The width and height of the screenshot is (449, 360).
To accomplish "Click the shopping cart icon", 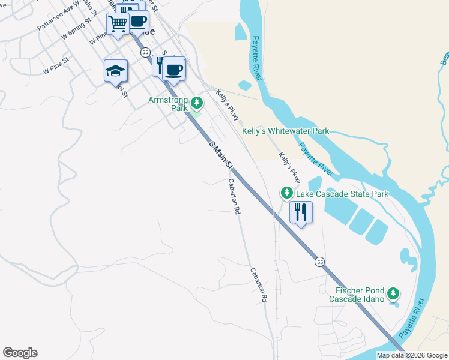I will [x=118, y=24].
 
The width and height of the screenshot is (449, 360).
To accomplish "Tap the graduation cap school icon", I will [x=116, y=71].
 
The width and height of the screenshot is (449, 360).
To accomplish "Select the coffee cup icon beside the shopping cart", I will [x=138, y=21].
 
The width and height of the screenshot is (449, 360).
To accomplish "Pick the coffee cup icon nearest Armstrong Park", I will [x=174, y=69].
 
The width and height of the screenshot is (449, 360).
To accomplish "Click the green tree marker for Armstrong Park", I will [x=196, y=104].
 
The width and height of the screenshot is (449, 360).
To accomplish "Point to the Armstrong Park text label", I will [x=167, y=104].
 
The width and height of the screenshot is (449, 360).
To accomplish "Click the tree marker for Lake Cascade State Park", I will [x=287, y=193].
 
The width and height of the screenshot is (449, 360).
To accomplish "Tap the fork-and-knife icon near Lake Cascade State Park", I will [x=300, y=212].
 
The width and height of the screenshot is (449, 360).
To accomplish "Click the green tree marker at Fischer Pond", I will [x=393, y=293].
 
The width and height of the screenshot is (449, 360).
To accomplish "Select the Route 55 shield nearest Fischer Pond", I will [x=320, y=262].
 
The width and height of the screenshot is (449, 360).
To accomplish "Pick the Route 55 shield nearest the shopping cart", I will [x=146, y=53].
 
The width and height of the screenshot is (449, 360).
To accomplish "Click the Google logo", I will [x=20, y=353].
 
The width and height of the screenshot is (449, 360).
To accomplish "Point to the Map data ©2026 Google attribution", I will [x=412, y=355].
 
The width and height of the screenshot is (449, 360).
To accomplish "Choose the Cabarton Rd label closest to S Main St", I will [x=234, y=197].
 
